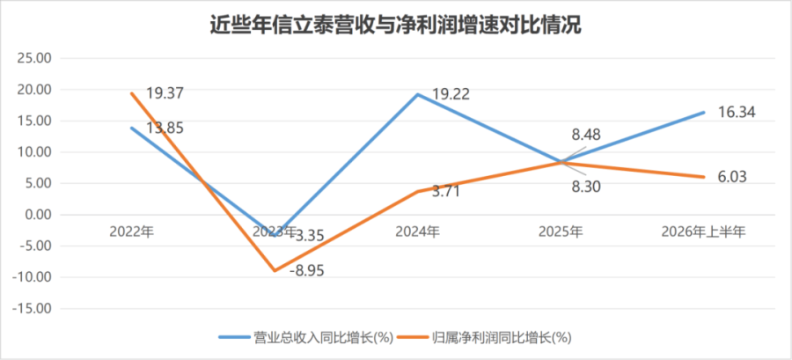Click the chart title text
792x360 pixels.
tap(395, 26)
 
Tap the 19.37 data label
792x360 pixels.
tap(165, 93)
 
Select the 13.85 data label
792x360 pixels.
tap(165, 128)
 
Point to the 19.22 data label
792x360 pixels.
tap(451, 94)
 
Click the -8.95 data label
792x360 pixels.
tap(306, 270)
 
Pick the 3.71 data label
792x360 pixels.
tap(445, 192)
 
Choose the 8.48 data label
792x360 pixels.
tap(586, 135)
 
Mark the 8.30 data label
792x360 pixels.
tap(586, 187)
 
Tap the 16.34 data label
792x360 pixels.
tap(737, 113)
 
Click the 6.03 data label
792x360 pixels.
tap(732, 177)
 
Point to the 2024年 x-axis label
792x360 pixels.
tap(418, 231)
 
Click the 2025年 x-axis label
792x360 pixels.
tap(561, 231)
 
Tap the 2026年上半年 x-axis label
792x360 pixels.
tap(704, 231)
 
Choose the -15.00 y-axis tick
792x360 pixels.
tap(32, 308)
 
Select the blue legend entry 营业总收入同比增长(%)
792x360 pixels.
tap(306, 338)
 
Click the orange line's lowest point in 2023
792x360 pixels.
tap(275, 270)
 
